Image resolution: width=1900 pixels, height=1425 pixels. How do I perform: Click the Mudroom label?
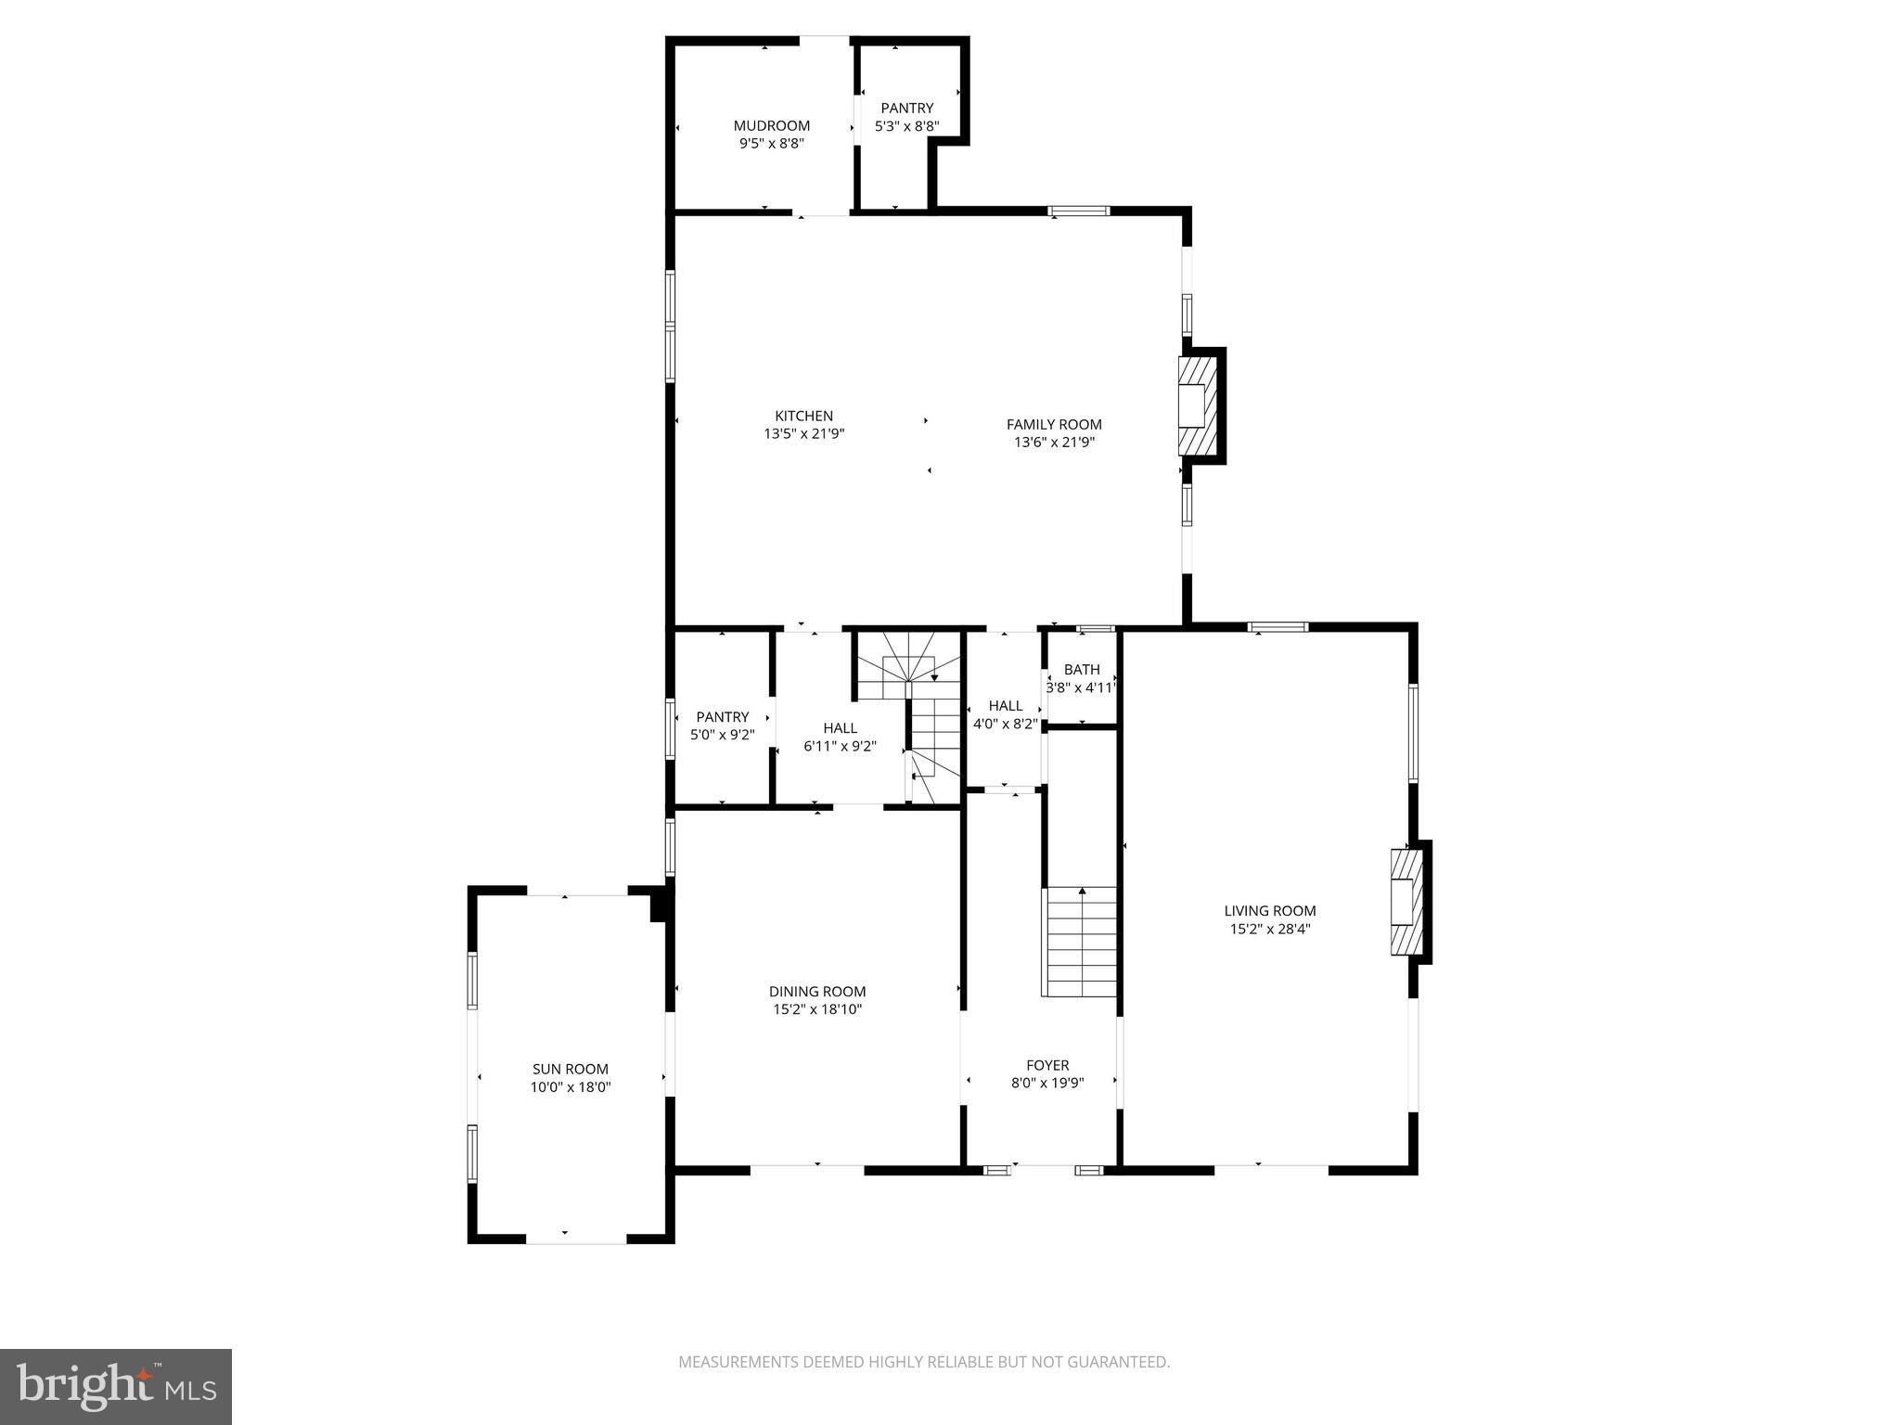771,125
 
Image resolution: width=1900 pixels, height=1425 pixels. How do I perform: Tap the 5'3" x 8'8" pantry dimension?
906,126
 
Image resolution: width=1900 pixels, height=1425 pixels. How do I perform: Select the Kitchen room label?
803,416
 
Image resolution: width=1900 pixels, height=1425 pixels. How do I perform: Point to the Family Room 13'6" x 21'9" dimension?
1054,443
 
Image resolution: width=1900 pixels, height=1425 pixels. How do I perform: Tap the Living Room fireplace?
1406,901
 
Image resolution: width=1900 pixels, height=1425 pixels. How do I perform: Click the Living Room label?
1269,911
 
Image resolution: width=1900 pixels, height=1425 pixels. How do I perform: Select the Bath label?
1081,669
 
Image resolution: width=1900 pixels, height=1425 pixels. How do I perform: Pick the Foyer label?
1046,1065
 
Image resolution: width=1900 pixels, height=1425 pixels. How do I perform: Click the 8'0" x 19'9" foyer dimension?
1046,1083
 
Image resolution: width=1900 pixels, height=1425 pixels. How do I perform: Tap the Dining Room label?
816,992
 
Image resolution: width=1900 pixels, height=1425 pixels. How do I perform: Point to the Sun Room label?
570,1069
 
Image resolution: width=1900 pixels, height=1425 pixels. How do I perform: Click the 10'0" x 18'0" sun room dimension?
570,1087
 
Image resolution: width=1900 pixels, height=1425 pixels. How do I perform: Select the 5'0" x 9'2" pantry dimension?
722,735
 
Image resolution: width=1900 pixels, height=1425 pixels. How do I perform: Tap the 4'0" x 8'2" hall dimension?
1004,724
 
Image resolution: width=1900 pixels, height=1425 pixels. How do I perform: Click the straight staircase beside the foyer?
1081,941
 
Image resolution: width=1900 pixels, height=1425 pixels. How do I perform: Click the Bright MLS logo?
115,1386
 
